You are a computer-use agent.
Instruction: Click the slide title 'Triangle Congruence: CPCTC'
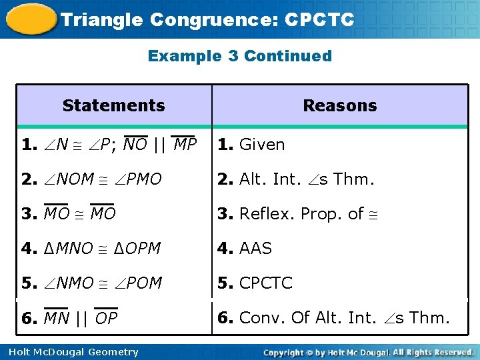207,19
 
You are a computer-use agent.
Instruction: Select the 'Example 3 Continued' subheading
239,56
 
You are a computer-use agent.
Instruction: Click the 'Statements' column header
113,105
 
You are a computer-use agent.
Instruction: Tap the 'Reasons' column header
339,105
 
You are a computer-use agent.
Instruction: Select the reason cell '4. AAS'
245,249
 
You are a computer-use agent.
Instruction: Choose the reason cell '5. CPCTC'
255,283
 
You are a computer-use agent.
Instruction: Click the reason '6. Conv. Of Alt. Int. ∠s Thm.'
333,318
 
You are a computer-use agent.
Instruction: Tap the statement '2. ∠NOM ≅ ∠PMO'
91,179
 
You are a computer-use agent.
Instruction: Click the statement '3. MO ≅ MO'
69,214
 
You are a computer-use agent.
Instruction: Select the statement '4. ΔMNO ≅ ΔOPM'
91,249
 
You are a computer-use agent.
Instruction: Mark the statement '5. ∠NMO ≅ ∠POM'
91,283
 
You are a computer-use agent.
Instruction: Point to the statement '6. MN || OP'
69,319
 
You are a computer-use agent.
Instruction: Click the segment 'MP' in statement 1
185,145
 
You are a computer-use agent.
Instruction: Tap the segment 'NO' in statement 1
135,145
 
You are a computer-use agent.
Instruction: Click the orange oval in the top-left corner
31,19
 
